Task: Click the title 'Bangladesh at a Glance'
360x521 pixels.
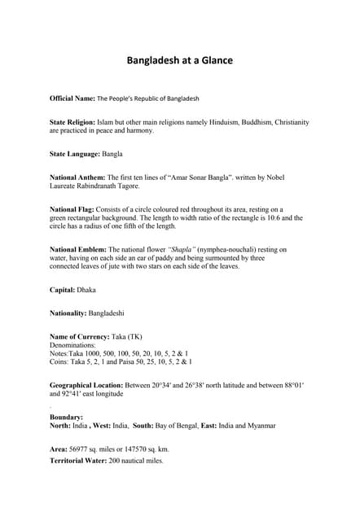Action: point(180,60)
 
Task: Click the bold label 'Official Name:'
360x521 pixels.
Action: point(72,99)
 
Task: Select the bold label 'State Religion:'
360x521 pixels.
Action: point(72,122)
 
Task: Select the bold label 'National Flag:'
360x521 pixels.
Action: point(72,209)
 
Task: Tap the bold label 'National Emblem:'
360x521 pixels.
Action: point(77,249)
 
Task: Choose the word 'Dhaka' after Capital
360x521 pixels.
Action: point(86,289)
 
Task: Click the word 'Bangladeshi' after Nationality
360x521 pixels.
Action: point(107,313)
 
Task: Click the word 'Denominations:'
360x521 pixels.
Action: point(73,345)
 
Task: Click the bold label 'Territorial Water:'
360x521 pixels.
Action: point(78,461)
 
